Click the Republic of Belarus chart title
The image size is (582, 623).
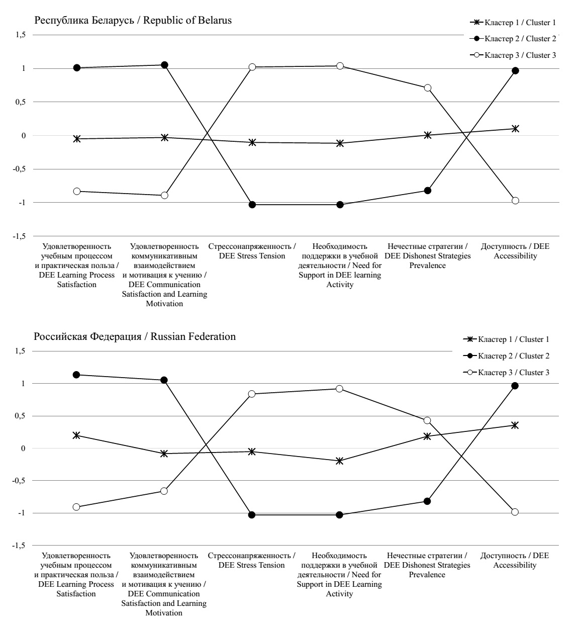133,21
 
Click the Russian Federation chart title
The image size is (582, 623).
135,336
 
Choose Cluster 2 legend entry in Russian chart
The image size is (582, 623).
507,356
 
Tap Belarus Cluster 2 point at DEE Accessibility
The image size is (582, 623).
515,71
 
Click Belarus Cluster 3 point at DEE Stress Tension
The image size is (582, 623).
252,67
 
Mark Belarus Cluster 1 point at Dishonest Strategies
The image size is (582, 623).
428,135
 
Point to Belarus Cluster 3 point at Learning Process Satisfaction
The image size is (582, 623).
77,191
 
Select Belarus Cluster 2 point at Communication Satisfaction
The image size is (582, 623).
164,65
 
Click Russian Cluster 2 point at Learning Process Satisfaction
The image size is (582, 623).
76,375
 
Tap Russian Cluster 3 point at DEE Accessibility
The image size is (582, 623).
515,512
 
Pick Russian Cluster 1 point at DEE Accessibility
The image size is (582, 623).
515,425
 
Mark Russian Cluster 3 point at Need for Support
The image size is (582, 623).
339,389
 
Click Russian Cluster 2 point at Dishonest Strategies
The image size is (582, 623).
427,501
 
